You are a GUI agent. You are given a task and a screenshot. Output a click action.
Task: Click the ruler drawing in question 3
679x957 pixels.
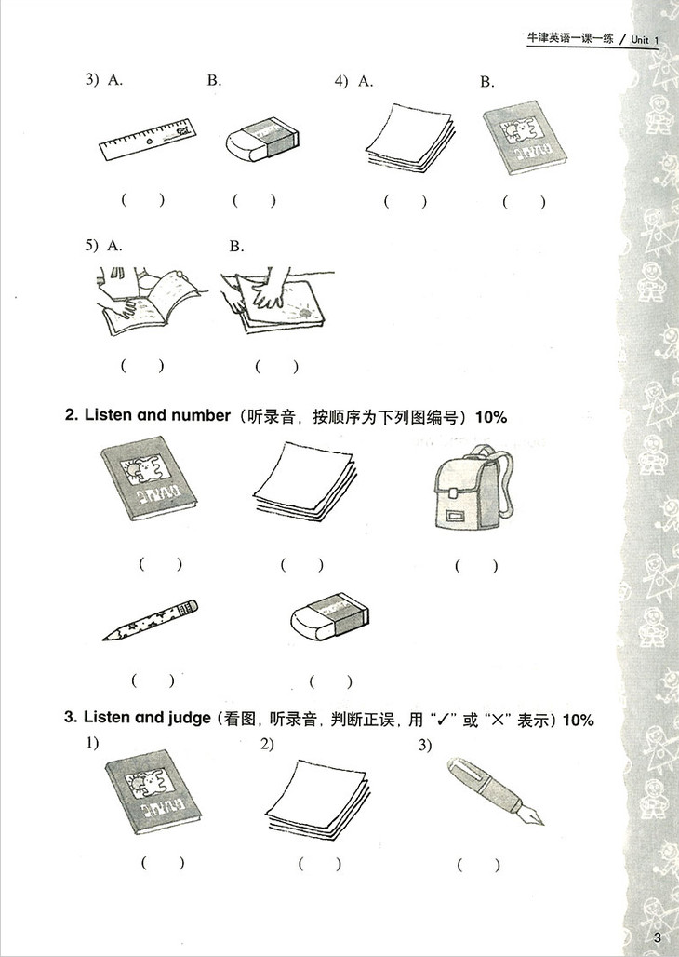click(x=148, y=139)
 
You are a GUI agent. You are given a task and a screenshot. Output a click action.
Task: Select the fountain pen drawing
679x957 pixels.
click(x=494, y=791)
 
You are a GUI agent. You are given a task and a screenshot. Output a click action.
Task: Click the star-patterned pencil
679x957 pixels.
click(x=150, y=619)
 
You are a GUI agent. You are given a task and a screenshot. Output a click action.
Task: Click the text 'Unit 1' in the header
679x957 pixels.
click(x=646, y=40)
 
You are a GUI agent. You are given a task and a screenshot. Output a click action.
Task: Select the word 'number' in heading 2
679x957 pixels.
click(x=200, y=415)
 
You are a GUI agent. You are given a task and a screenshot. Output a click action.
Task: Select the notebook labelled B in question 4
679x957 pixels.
click(x=526, y=138)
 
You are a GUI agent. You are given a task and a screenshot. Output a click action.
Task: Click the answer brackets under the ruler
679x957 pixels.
click(x=142, y=199)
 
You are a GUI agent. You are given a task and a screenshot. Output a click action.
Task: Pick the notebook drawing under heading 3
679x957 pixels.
click(x=153, y=791)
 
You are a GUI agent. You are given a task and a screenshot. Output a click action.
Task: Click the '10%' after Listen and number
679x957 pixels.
click(x=491, y=417)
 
